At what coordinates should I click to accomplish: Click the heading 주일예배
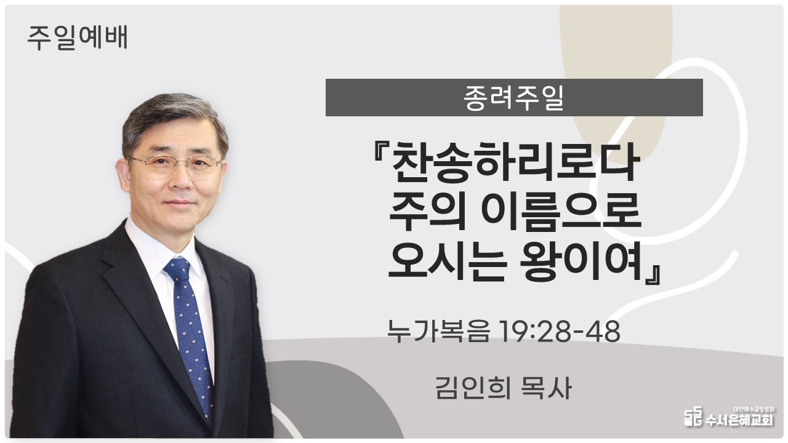78,38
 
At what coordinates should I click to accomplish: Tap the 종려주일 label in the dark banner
513,98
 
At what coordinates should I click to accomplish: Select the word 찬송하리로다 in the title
514,162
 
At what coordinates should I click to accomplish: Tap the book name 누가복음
438,331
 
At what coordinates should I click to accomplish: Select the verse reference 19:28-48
560,331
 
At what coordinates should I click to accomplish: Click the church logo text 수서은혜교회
739,420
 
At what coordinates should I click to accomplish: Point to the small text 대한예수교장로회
754,409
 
